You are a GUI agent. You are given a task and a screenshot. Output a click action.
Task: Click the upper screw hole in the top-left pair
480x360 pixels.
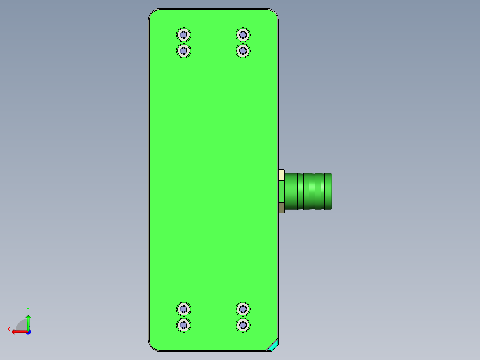click(x=183, y=34)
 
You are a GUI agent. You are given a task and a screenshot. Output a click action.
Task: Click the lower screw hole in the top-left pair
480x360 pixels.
click(x=183, y=51)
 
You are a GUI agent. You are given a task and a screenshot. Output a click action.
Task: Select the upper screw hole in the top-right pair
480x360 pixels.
click(x=243, y=34)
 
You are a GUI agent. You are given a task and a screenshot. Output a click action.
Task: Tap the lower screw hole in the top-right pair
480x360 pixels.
click(x=243, y=51)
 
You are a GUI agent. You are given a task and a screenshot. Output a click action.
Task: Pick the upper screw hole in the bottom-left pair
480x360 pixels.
click(x=183, y=308)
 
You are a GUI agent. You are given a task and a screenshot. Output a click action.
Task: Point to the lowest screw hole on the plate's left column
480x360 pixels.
click(x=183, y=325)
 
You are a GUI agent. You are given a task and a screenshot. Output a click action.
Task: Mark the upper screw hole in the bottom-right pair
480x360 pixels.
click(x=243, y=308)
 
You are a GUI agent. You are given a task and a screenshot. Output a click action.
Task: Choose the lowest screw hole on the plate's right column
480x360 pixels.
click(x=243, y=325)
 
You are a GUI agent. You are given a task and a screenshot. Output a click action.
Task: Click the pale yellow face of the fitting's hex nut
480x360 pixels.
click(x=281, y=175)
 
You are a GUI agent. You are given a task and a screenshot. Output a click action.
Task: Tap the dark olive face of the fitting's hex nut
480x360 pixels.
click(x=281, y=208)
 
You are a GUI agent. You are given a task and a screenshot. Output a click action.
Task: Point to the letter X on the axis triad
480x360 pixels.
click(x=9, y=329)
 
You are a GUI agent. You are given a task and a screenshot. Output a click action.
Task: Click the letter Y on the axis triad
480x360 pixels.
click(x=28, y=309)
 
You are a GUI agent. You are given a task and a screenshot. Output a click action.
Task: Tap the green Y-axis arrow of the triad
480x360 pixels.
click(x=28, y=321)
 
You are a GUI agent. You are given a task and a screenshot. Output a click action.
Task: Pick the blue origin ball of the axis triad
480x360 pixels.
click(x=28, y=331)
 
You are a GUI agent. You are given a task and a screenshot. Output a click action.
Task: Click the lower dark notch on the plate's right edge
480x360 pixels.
click(x=279, y=98)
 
